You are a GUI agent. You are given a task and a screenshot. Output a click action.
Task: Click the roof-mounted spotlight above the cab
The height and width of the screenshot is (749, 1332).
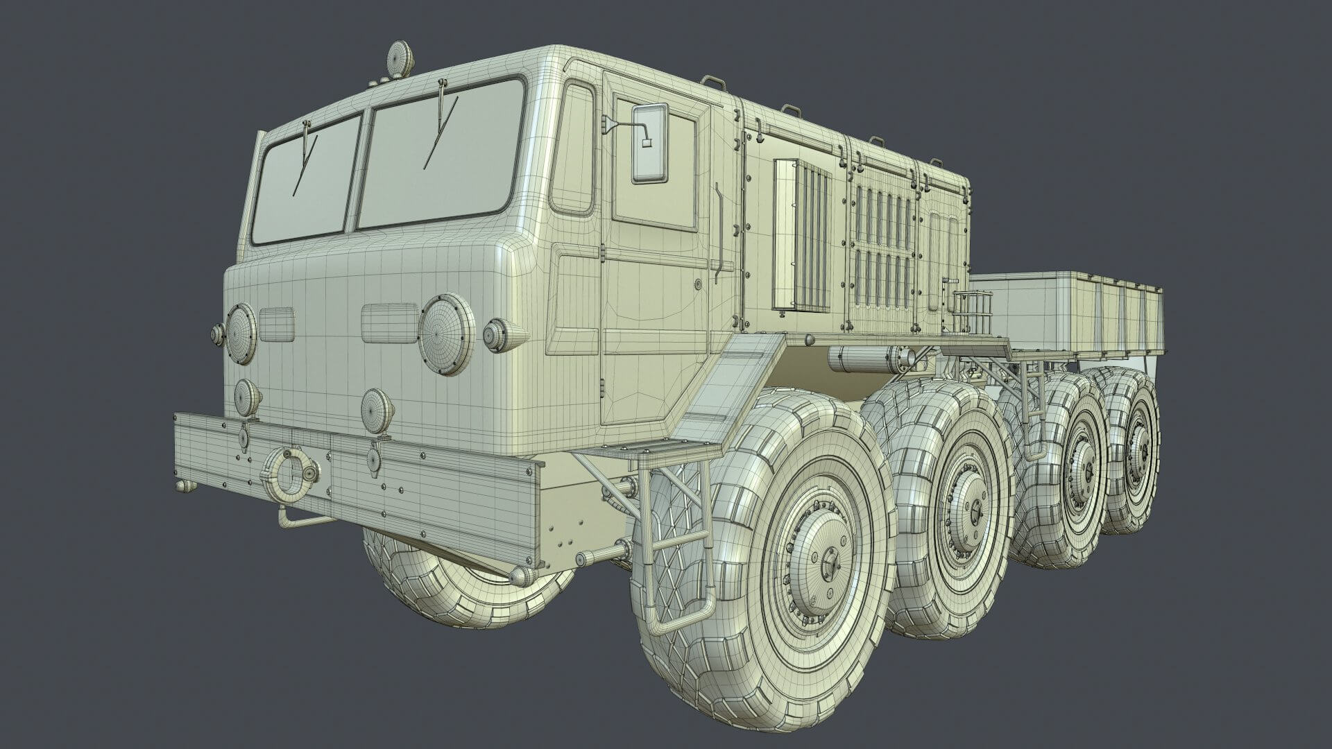pyautogui.click(x=401, y=55)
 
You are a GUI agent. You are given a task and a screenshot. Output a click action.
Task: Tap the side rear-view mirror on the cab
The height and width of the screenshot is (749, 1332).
pyautogui.click(x=649, y=144)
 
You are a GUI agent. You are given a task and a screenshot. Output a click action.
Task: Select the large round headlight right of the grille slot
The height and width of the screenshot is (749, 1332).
pyautogui.click(x=446, y=334)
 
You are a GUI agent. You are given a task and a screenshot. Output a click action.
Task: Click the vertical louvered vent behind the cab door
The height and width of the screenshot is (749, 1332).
pyautogui.click(x=802, y=236)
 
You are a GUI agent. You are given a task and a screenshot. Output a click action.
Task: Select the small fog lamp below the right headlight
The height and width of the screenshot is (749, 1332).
pyautogui.click(x=377, y=406)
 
